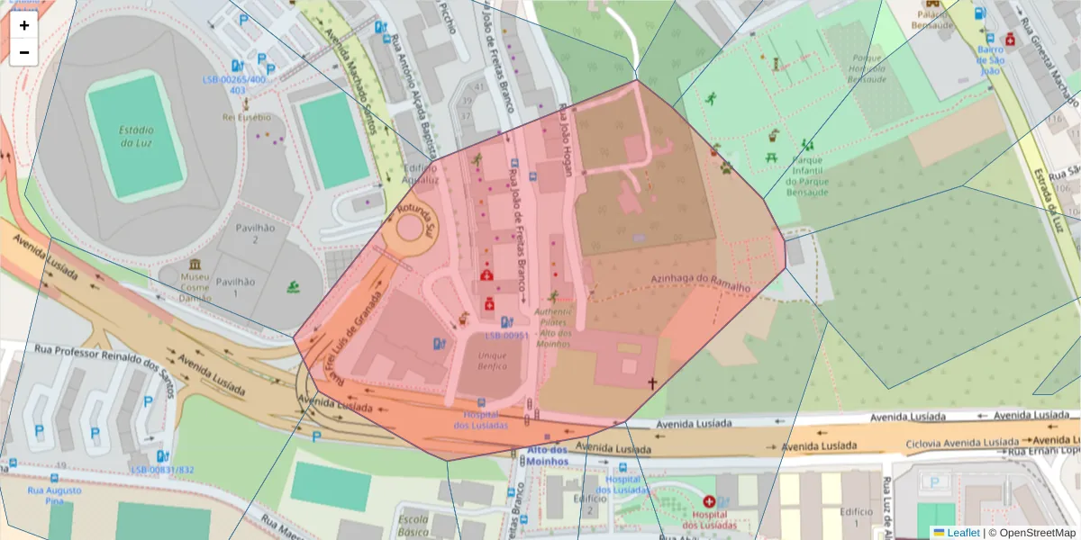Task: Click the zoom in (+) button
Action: tap(24, 25)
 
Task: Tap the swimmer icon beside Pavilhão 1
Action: tap(294, 288)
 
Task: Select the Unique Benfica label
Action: tap(481, 363)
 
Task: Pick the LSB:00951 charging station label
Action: tap(505, 336)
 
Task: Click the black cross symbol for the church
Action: tap(652, 382)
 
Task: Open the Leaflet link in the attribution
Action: tap(962, 533)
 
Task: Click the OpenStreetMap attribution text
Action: tap(1031, 533)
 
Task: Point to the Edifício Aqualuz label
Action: tap(421, 173)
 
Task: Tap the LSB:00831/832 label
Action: tap(162, 470)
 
